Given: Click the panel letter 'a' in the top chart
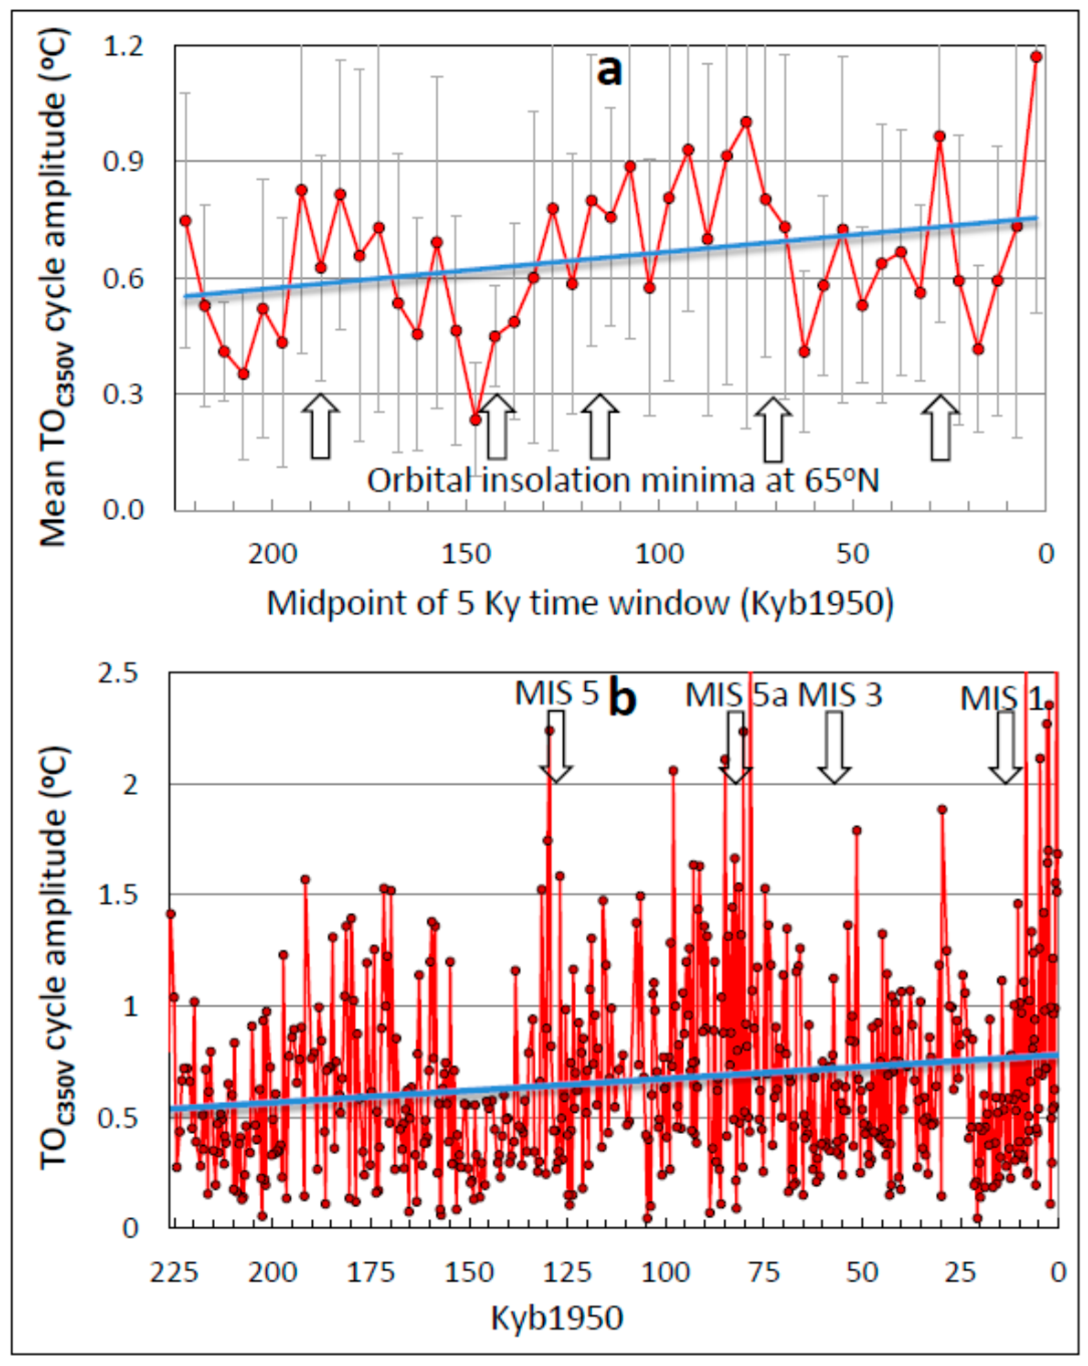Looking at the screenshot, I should pos(609,71).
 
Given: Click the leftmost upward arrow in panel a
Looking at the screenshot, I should pos(321,426).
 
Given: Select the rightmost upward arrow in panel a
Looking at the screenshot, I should pos(941,428).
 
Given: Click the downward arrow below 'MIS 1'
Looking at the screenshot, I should pos(1006,747).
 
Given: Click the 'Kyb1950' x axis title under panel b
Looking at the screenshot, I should pos(557,1319).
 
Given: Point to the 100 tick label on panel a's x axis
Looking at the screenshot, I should pos(659,554).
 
